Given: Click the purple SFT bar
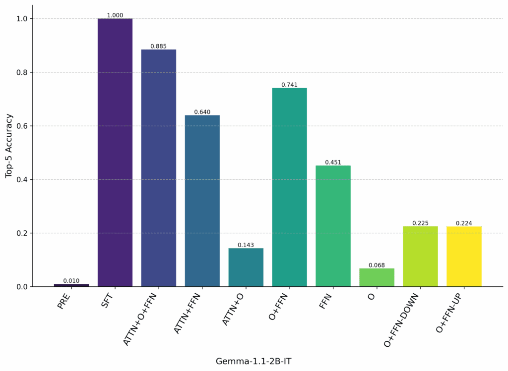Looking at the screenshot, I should tap(115, 153).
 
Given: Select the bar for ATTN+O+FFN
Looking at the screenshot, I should tap(159, 168).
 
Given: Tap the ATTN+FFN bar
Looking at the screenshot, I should tap(202, 201).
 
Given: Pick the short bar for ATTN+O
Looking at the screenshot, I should tap(246, 267).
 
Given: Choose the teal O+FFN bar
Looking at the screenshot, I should tap(290, 187).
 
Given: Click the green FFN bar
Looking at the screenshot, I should tap(333, 226).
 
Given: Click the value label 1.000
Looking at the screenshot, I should tap(115, 15).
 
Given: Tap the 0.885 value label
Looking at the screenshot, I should tap(159, 47).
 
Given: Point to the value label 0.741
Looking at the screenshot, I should tap(290, 85).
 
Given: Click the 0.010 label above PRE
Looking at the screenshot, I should tap(71, 281).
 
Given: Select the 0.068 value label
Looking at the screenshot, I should tap(377, 265).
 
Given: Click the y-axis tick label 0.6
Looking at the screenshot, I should tap(22, 126).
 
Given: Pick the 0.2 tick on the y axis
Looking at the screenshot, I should tap(22, 233).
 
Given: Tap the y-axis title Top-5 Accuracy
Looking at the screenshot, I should tap(8, 146).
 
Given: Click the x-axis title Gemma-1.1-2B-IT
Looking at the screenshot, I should tap(254, 361).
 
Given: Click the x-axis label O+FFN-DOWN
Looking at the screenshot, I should tap(402, 319).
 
